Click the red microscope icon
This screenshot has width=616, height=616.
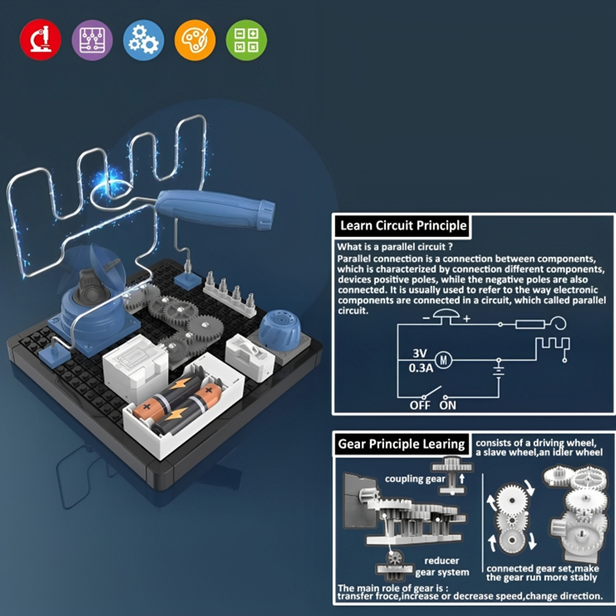click(x=41, y=39)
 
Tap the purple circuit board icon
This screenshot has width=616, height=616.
click(x=92, y=39)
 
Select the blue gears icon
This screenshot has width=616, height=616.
click(x=144, y=39)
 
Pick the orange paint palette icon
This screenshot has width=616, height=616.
click(x=195, y=39)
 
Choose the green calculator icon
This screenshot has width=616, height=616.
click(x=246, y=39)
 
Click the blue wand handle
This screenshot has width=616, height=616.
click(x=215, y=209)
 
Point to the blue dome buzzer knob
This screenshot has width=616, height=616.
click(x=280, y=329)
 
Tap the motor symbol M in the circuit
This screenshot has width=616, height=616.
click(x=444, y=360)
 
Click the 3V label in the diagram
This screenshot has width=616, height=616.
click(x=419, y=353)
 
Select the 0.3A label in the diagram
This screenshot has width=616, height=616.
click(x=421, y=368)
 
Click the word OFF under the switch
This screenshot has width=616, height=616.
click(x=420, y=405)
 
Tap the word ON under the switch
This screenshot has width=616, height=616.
click(x=447, y=405)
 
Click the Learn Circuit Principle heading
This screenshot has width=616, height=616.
click(x=403, y=225)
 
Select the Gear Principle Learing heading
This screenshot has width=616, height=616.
click(x=401, y=444)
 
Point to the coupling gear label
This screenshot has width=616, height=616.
click(x=415, y=479)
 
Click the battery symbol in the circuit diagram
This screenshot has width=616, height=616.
click(x=498, y=371)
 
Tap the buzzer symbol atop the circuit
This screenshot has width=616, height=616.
click(x=446, y=316)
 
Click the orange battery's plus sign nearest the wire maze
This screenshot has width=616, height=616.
click(x=146, y=407)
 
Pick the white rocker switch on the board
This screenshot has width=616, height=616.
click(x=250, y=356)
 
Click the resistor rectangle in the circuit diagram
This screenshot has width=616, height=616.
click(x=530, y=325)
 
